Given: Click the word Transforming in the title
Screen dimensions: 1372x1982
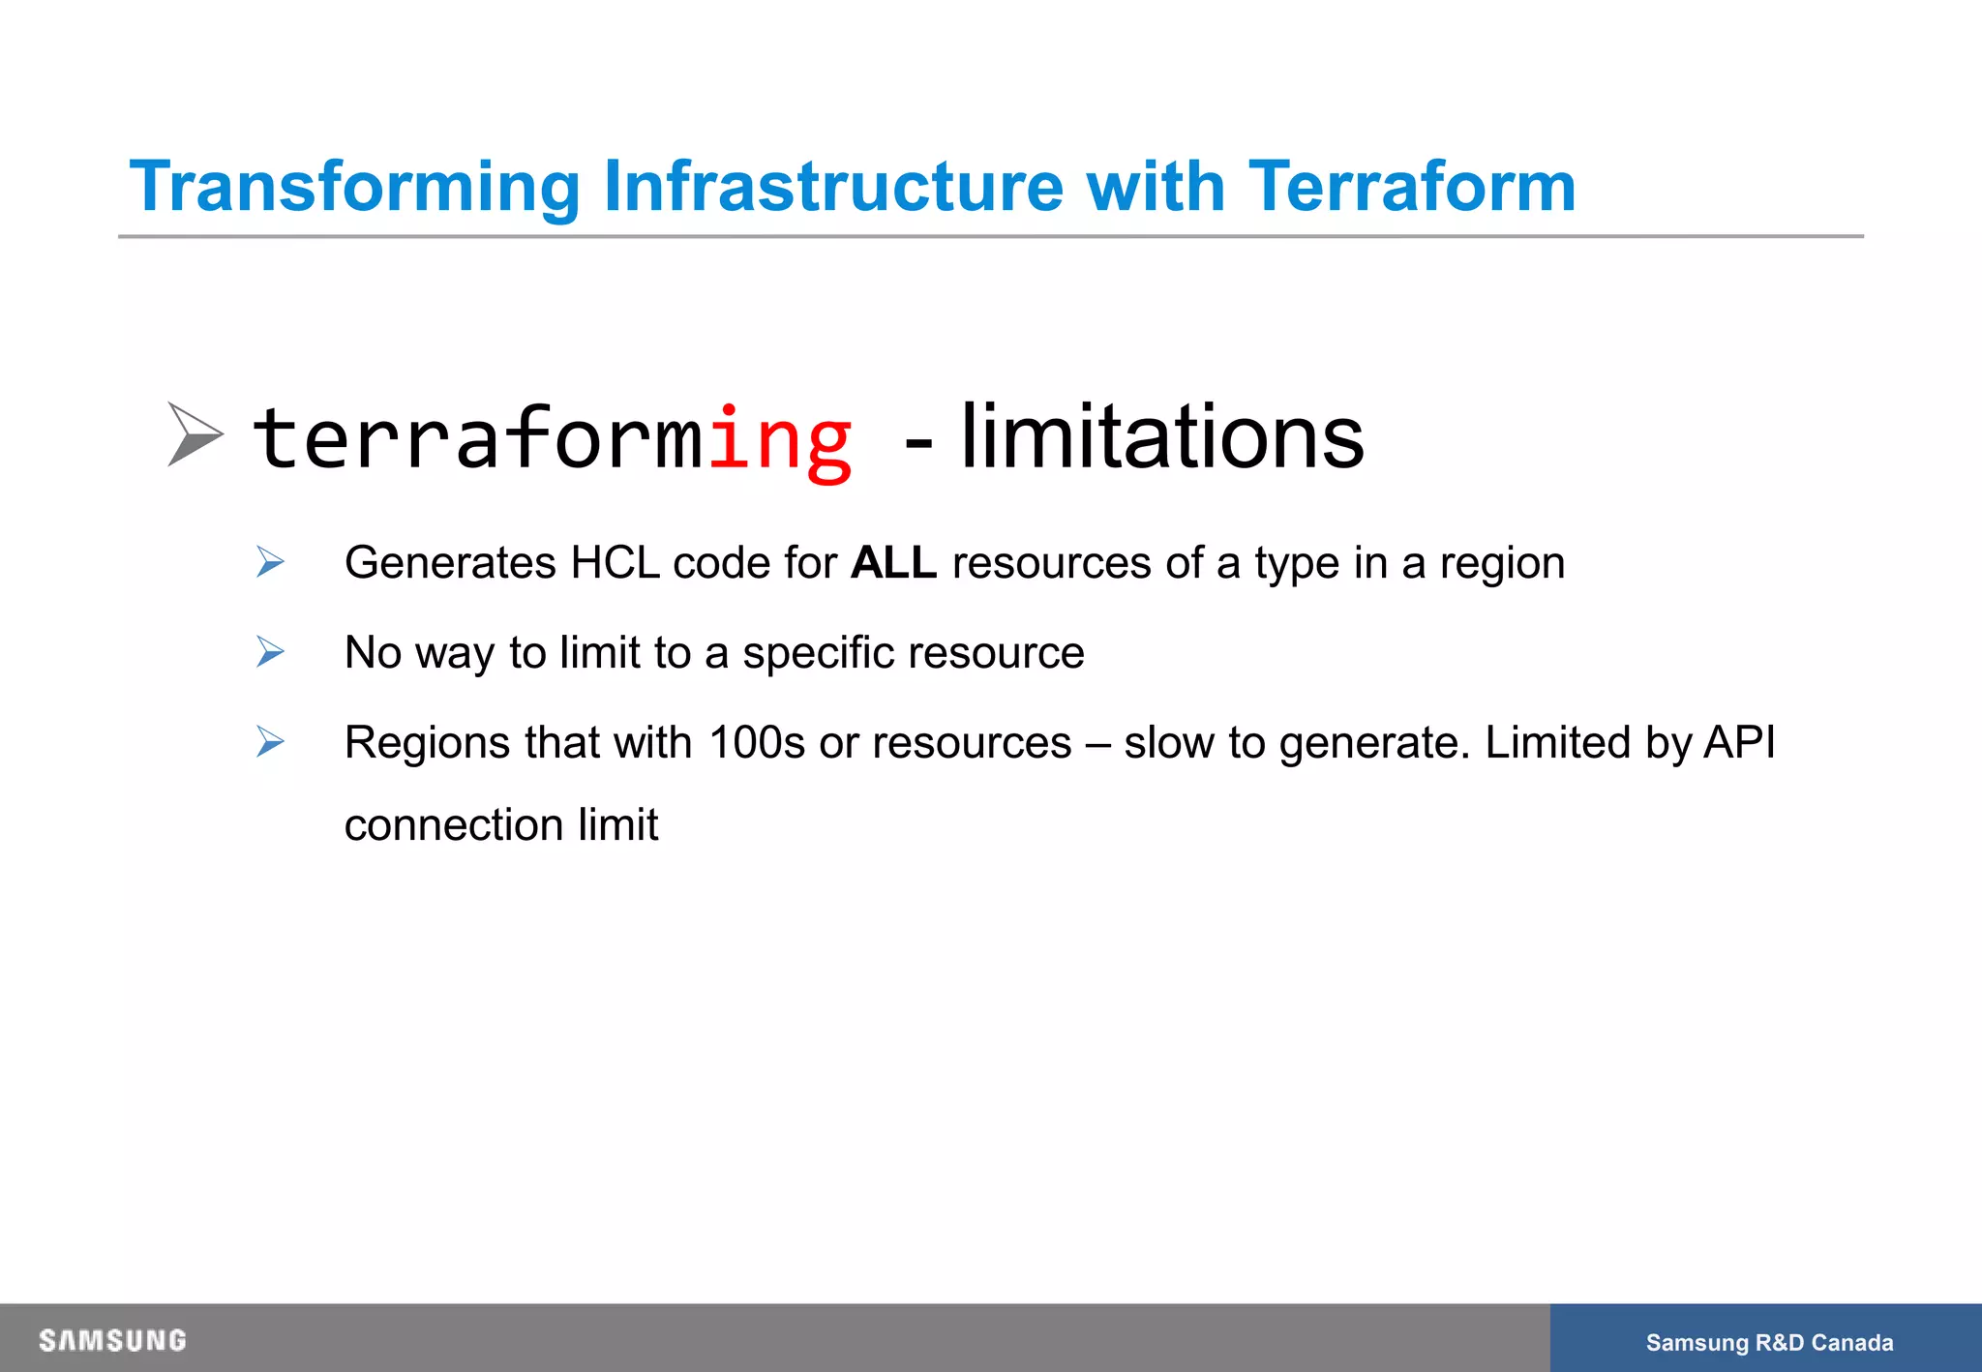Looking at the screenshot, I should coord(354,187).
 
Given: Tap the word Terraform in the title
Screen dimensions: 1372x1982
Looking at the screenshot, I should coord(1412,187).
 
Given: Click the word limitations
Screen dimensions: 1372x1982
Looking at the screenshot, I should coord(1161,438).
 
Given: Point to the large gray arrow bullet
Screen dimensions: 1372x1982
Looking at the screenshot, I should coord(195,434).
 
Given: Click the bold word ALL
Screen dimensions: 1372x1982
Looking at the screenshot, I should coord(893,563).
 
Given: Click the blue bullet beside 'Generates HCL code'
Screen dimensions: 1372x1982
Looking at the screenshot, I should coord(270,562).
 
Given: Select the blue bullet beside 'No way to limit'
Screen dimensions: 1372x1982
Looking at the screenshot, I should coord(270,652).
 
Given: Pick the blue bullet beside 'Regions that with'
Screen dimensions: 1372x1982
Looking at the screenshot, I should coord(270,742).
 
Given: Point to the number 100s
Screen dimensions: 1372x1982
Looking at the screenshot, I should coord(757,743).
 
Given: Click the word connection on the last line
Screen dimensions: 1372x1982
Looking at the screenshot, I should coord(454,825).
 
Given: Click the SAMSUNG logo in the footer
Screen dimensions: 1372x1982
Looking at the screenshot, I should coord(112,1340).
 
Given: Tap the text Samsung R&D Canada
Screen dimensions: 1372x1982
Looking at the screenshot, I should coord(1769,1342).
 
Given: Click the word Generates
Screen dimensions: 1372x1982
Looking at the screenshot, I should coord(450,563).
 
